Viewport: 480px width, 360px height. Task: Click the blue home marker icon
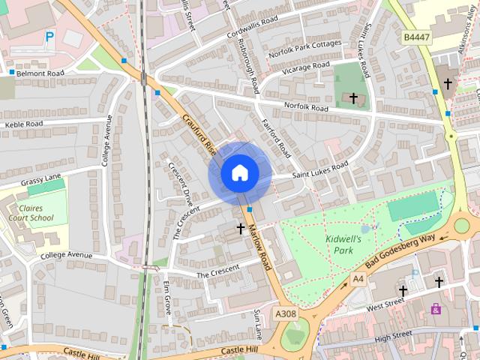pos(240,173)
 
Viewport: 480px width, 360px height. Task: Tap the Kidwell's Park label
pos(344,244)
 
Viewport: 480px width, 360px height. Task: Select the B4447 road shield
pos(416,36)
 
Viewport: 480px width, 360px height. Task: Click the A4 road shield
pos(357,279)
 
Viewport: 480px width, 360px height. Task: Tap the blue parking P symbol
pos(49,35)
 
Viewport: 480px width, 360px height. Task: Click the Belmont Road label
pos(44,74)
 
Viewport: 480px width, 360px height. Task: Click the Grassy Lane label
pos(40,179)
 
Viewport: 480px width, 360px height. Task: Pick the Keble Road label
pos(24,124)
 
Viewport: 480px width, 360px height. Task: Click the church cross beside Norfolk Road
pos(353,97)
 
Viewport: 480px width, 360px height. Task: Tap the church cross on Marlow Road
pos(241,227)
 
